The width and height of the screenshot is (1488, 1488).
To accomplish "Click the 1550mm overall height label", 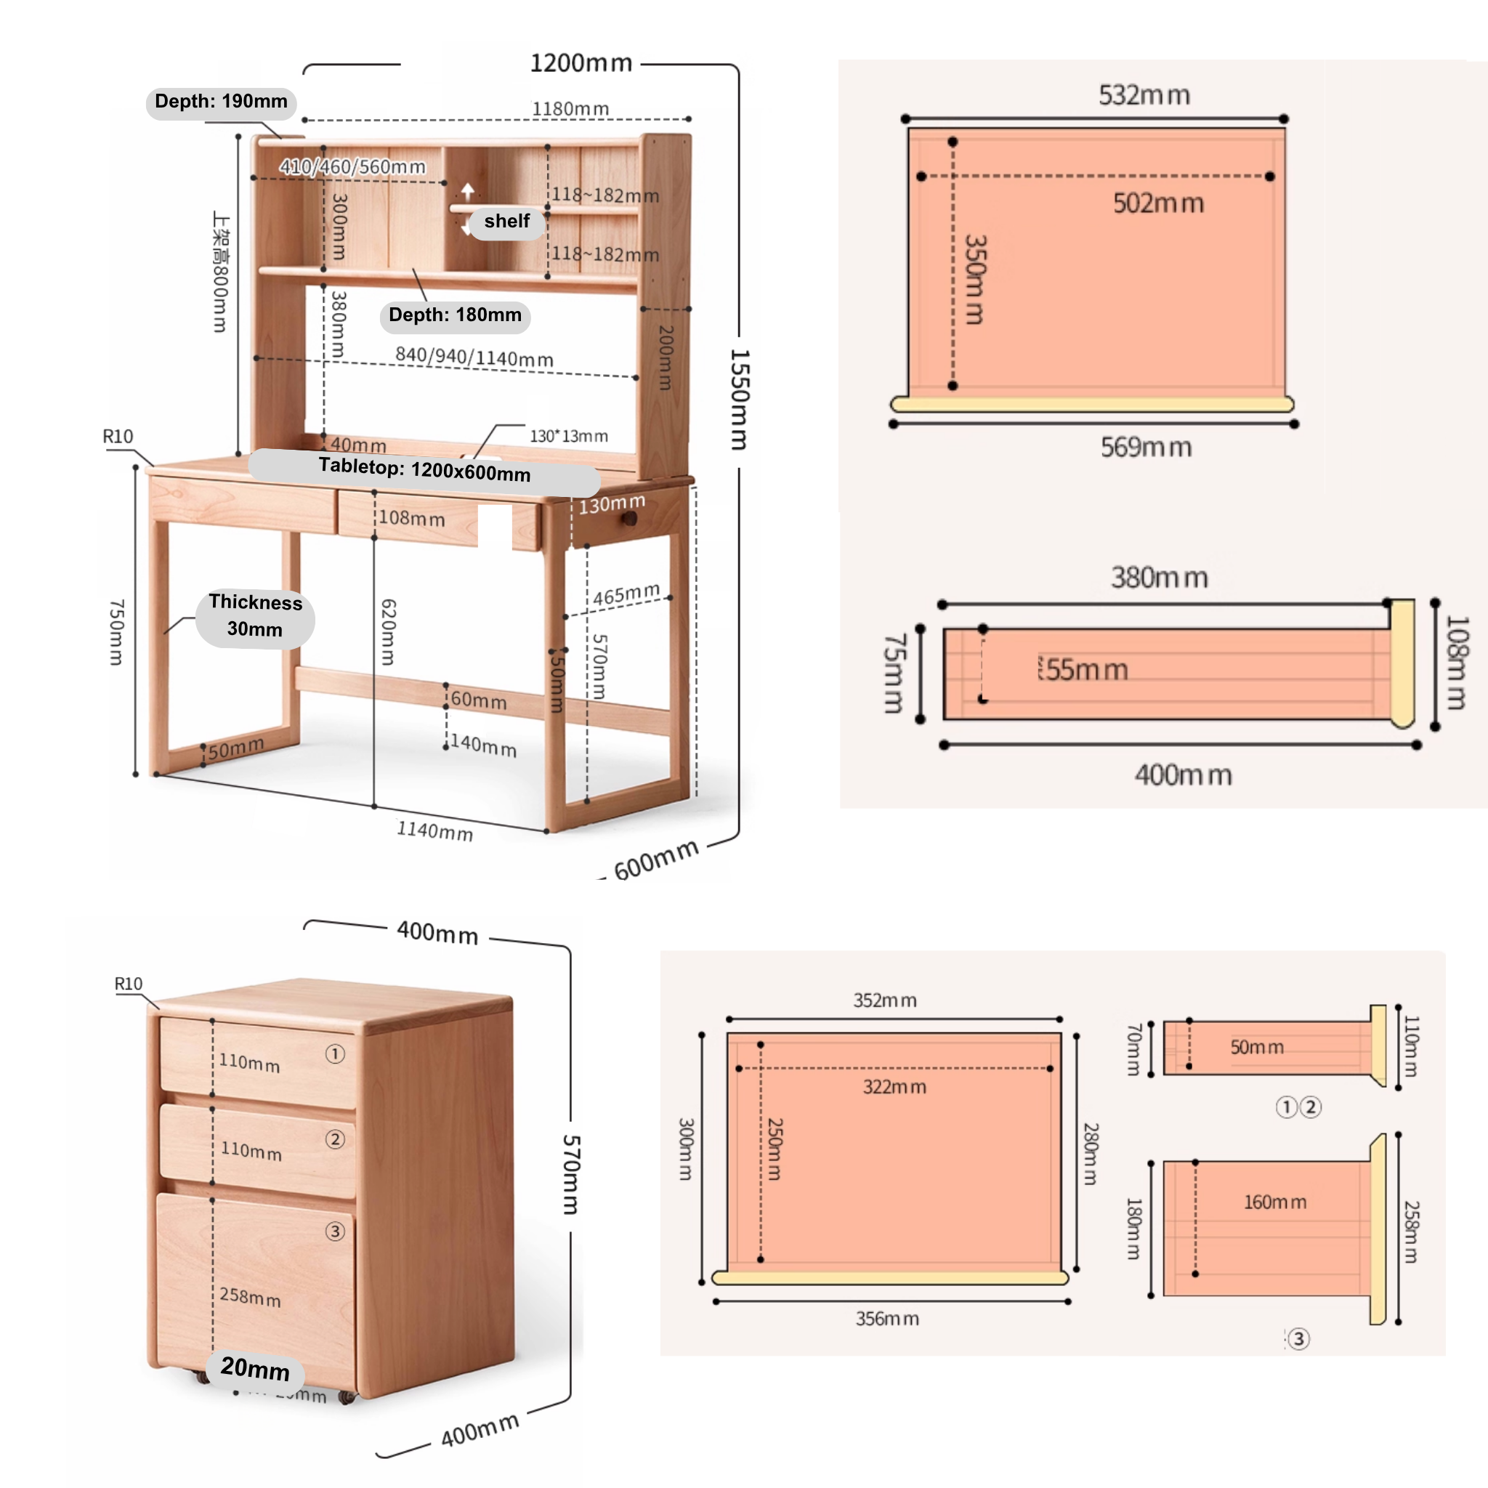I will pos(739,399).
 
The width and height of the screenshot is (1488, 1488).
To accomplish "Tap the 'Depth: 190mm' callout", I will pos(221,102).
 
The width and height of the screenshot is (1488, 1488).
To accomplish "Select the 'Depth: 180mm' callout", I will pos(455,315).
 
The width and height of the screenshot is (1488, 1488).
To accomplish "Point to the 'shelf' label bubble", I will pos(507,222).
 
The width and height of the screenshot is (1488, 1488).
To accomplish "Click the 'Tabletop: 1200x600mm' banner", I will pos(424,469).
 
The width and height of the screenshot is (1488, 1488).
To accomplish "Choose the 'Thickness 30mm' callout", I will pos(255,615).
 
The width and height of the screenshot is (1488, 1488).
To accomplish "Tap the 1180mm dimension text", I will pos(570,108).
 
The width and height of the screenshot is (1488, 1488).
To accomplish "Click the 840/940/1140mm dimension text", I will pos(474,357).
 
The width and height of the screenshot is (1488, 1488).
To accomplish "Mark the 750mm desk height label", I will pos(116,631).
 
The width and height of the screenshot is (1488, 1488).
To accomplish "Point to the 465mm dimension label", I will pos(626,594).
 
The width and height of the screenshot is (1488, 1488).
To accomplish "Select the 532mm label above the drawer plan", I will pos(1144,95).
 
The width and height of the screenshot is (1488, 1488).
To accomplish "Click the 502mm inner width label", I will pos(1158,203).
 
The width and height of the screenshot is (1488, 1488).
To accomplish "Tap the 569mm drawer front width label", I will pos(1146,447).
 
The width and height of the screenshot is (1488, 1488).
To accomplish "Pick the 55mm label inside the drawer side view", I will pos(1086,670).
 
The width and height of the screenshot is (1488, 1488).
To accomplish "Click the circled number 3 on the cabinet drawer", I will pos(334,1232).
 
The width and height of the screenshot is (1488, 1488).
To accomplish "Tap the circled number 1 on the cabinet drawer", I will pos(335,1054).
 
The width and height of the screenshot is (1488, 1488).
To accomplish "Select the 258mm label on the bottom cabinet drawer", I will pos(251,1297).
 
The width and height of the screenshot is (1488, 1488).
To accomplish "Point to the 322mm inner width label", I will pos(894,1087).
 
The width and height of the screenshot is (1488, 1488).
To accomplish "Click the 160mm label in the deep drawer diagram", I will pos(1274,1202).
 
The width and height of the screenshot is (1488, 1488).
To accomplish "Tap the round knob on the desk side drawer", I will pos(629,518).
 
